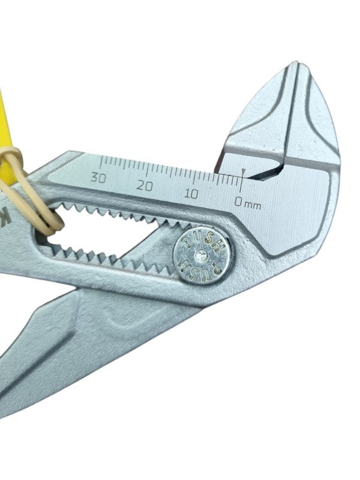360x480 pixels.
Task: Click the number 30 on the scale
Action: pos(98,177)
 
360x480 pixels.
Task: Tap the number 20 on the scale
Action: pos(144,185)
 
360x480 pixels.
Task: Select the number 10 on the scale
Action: pos(191,193)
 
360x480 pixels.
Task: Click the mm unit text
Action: pos(254,206)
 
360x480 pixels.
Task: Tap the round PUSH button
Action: pos(202,256)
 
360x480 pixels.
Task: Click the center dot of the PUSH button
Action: pos(201,256)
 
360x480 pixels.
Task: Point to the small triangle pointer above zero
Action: pos(244,170)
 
